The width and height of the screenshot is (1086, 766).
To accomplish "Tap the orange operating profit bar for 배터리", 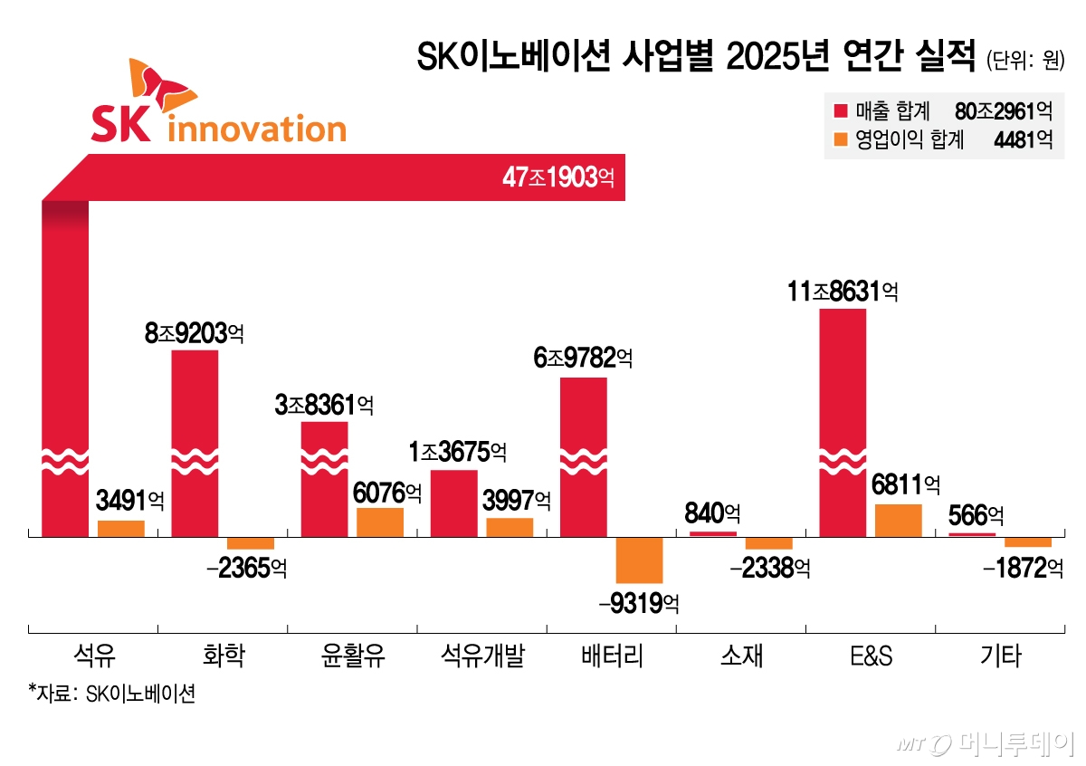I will click(x=639, y=560).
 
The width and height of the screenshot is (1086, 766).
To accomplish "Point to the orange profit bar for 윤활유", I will click(x=380, y=522).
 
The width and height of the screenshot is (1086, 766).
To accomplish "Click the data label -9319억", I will click(x=639, y=603).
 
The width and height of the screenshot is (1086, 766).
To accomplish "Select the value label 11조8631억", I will click(x=843, y=292).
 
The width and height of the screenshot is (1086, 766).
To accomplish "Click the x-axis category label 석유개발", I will click(x=482, y=656).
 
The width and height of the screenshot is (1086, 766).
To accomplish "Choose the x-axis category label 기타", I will click(x=1001, y=656).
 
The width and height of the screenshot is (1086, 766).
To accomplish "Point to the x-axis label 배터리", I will click(x=612, y=656).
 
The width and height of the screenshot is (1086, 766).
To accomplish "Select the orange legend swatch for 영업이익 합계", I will click(x=840, y=139).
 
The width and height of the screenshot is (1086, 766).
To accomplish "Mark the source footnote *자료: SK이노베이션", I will click(x=111, y=694).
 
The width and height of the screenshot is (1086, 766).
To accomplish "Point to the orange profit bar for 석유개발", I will click(x=510, y=527).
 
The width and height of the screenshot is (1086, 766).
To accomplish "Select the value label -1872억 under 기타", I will click(x=1022, y=569).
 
